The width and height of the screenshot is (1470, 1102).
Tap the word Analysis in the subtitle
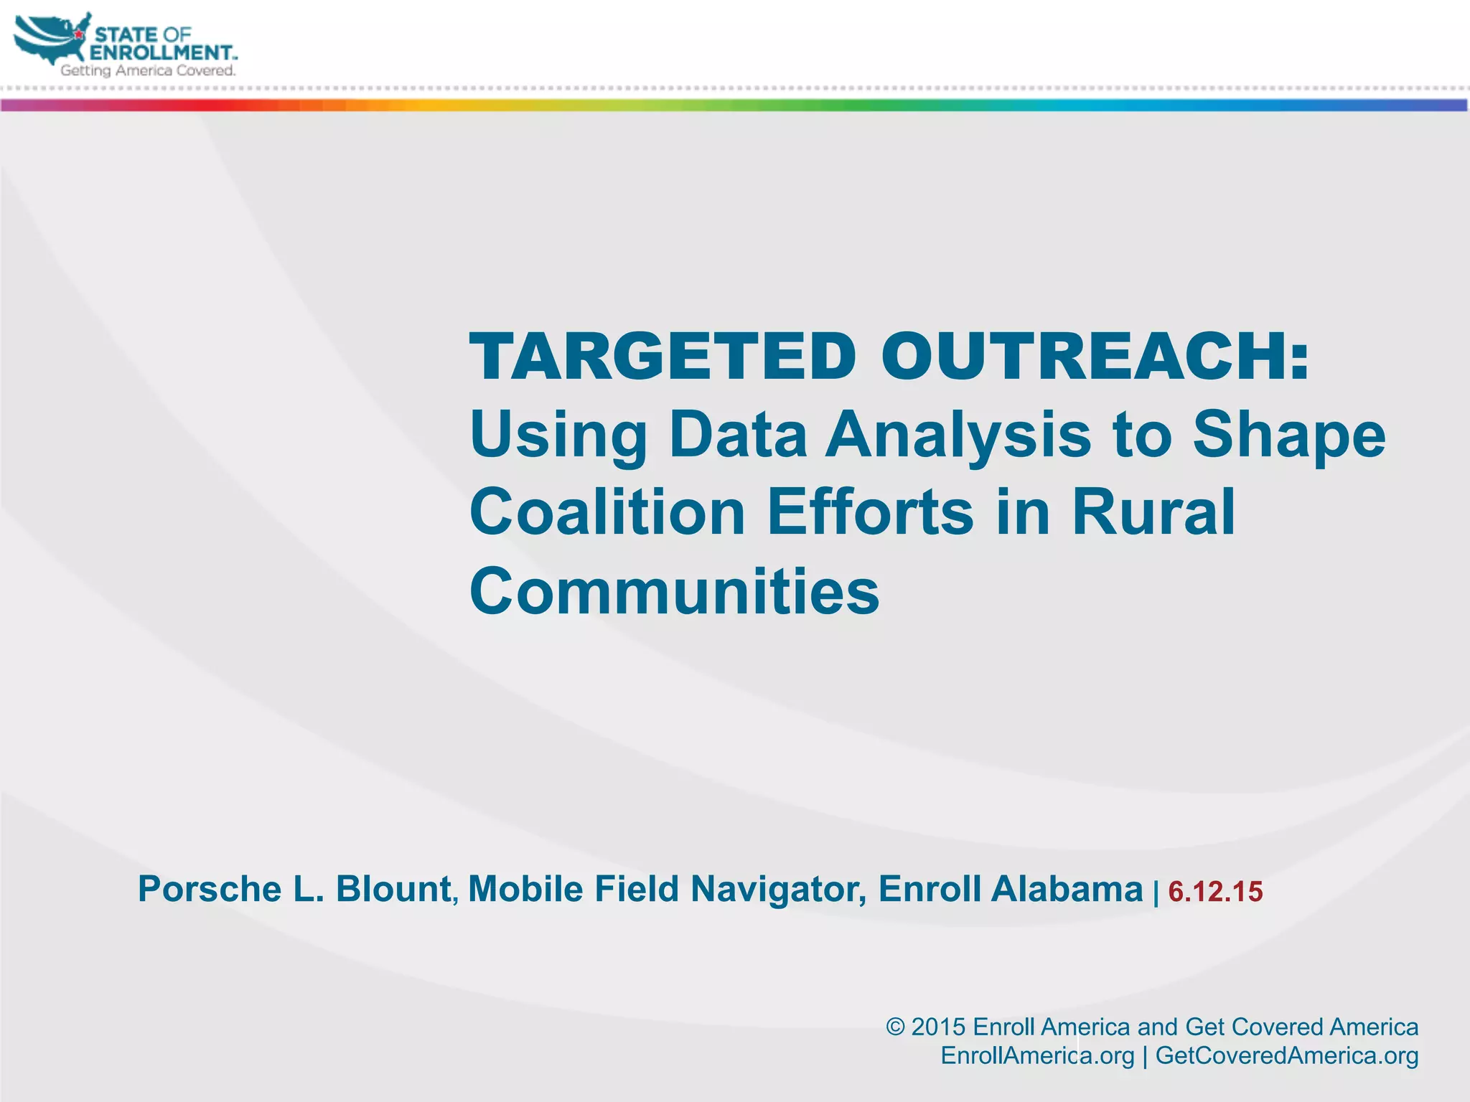(958, 434)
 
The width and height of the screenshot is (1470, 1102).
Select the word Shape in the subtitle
(1289, 435)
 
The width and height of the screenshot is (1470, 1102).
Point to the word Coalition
(607, 512)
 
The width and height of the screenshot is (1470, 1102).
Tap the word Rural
(1153, 512)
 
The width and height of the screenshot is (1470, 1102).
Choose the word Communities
(674, 591)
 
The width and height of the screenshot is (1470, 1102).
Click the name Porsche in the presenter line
(209, 889)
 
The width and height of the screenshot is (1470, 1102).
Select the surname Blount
(393, 889)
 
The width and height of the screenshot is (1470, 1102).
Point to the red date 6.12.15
(1215, 892)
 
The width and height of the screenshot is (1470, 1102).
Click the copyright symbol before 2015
(895, 1027)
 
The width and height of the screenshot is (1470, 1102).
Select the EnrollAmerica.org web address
(1037, 1055)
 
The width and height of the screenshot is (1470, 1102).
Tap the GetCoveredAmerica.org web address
(1287, 1055)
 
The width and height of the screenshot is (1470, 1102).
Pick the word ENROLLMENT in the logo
(162, 52)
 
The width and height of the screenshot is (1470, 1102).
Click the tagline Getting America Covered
(148, 70)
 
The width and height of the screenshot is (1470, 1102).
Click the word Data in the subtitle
(739, 434)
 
